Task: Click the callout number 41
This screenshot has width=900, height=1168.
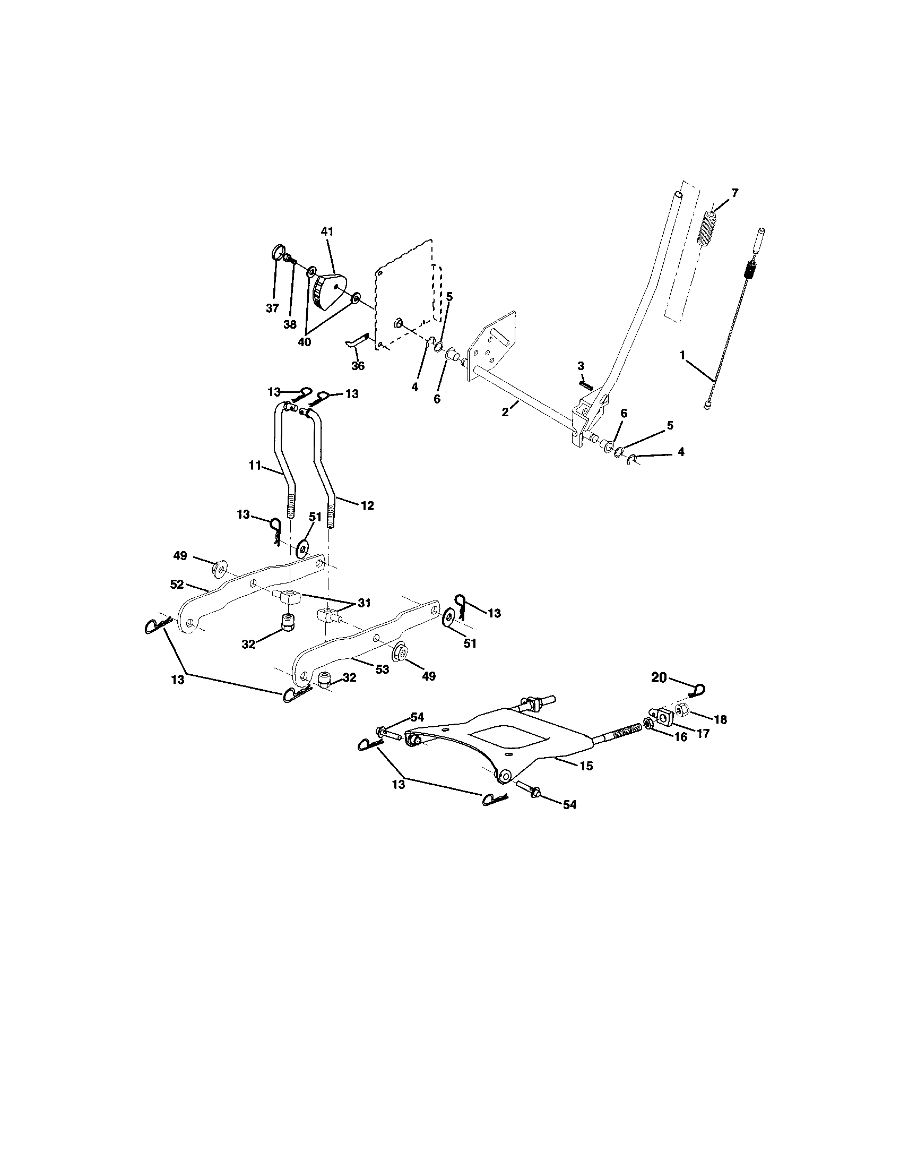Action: coord(326,231)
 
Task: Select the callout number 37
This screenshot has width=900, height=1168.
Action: coord(273,308)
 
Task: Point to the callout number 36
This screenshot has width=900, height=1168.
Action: coord(358,366)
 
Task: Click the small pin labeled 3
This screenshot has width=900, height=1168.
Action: coord(585,383)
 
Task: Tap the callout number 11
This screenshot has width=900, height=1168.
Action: coord(255,466)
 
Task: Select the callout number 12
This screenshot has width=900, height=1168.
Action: coord(367,505)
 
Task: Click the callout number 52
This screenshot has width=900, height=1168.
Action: coord(177,585)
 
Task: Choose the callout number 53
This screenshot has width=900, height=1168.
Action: coord(382,668)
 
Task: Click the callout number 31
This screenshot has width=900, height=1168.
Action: coord(364,603)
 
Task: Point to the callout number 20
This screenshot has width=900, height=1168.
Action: coord(659,677)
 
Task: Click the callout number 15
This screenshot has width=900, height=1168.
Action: coord(586,766)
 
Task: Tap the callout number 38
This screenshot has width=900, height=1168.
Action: coord(290,324)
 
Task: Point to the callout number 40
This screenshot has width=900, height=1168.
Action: coord(304,342)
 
